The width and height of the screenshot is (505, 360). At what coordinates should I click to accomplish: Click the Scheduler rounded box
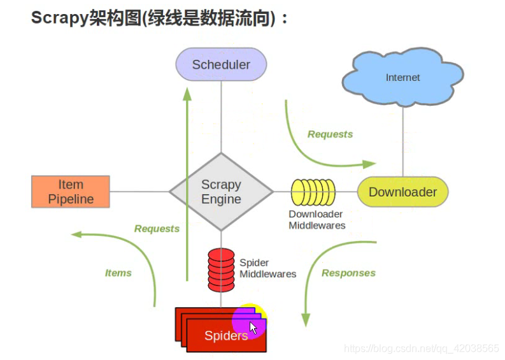tap(221, 65)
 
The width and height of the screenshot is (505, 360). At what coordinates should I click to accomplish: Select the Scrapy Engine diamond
tap(221, 192)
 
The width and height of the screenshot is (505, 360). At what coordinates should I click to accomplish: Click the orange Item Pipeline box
tap(71, 192)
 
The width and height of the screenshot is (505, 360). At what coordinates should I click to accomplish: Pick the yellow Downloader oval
tap(402, 192)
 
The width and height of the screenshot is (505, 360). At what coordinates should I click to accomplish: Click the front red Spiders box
tap(226, 336)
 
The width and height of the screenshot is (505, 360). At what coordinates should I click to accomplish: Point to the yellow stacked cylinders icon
tap(313, 192)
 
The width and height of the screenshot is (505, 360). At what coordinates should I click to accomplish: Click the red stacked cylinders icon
tap(221, 268)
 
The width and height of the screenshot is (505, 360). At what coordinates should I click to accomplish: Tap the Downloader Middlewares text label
tap(317, 220)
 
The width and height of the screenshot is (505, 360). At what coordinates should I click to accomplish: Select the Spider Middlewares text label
tap(267, 268)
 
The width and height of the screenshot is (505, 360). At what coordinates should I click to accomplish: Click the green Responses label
tap(348, 273)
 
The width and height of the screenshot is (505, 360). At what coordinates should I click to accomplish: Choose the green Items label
tap(118, 273)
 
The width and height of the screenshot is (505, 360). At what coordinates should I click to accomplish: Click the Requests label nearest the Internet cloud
tap(330, 134)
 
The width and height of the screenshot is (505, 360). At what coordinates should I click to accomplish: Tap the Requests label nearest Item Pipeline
tap(157, 229)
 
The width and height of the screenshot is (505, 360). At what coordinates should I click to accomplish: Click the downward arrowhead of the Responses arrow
tap(306, 318)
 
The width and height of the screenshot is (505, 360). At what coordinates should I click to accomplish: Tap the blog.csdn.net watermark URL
tap(421, 349)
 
